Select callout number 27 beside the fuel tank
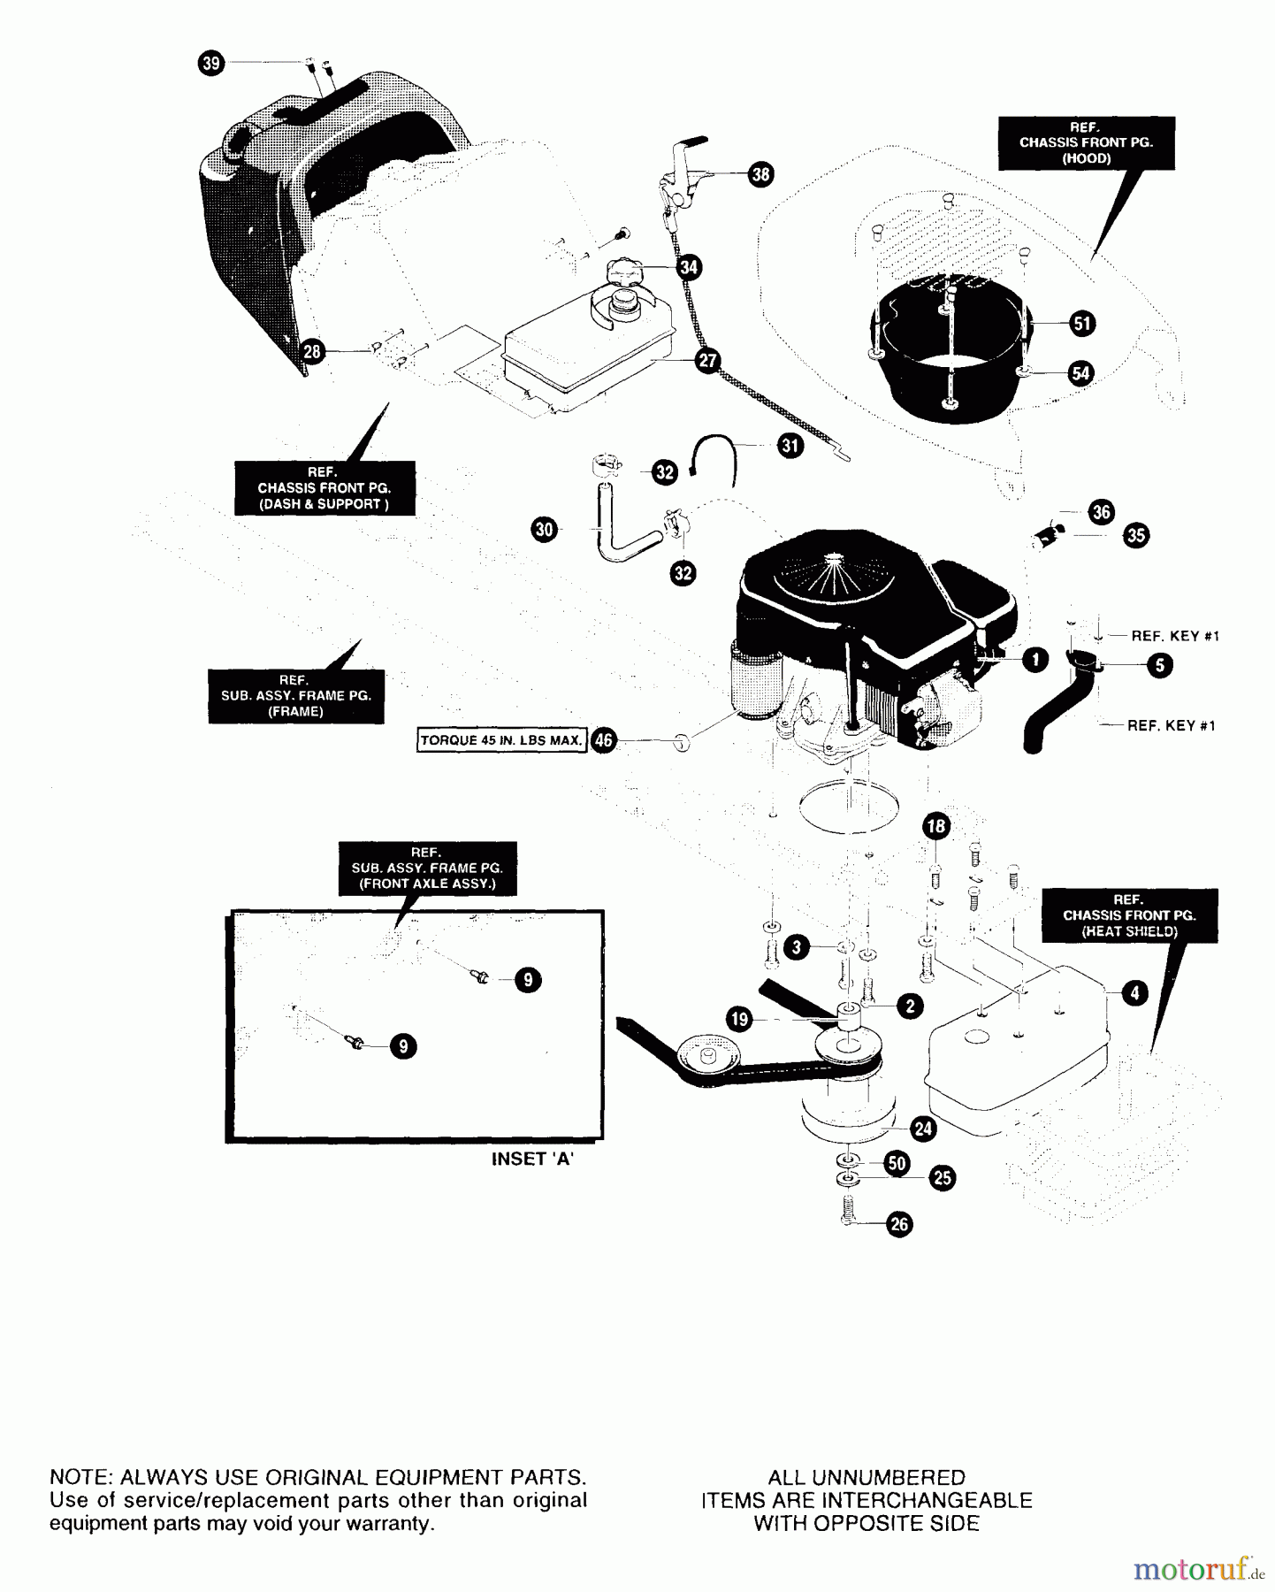707,361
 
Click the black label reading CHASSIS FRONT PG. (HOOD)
1086,143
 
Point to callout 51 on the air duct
1081,324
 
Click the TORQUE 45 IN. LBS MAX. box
501,740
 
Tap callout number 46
603,740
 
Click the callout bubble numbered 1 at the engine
1035,659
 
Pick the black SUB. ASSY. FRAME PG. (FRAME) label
296,696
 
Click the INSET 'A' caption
532,1160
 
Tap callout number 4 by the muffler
1134,993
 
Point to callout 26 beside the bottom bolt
899,1224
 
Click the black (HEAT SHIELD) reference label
1128,915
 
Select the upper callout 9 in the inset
528,980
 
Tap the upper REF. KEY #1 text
1175,636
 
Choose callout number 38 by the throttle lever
760,174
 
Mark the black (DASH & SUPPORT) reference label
324,488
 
